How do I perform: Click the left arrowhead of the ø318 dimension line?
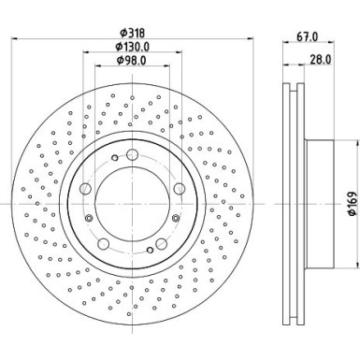[x=19, y=38]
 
